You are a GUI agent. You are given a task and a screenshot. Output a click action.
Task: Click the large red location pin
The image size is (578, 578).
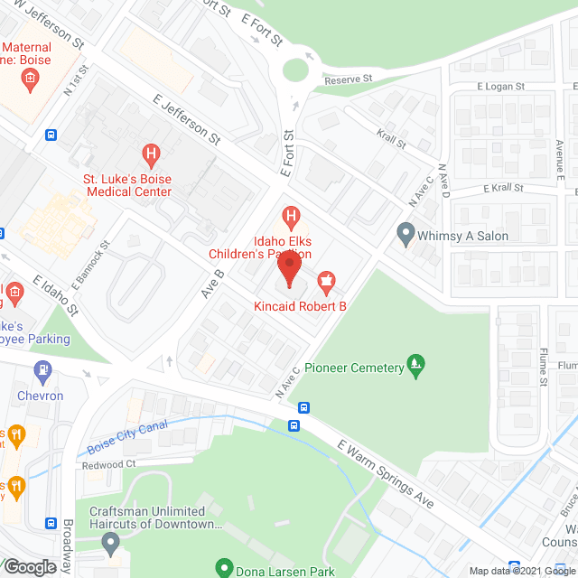pos(289,268)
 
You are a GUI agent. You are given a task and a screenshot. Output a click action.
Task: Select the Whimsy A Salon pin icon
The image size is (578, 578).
pos(406,236)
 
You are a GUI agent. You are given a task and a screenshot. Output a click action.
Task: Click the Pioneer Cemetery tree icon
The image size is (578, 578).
pos(415,367)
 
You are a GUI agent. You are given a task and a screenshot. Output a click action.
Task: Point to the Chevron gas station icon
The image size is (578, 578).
pos(41,370)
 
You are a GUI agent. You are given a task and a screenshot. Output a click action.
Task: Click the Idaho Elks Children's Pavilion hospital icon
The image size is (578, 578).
pos(290,216)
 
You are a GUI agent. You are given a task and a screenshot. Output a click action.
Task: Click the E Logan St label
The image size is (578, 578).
pos(500,87)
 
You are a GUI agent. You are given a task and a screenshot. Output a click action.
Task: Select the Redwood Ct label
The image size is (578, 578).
pos(108,464)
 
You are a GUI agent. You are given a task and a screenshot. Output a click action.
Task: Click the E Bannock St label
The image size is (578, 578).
pos(90,261)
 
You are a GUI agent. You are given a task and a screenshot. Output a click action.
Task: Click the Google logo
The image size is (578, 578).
pos(30,566)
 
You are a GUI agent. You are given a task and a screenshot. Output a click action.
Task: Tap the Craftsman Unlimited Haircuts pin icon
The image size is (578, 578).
pos(110,544)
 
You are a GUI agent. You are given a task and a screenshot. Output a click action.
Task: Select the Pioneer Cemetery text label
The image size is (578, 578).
pos(351,368)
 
